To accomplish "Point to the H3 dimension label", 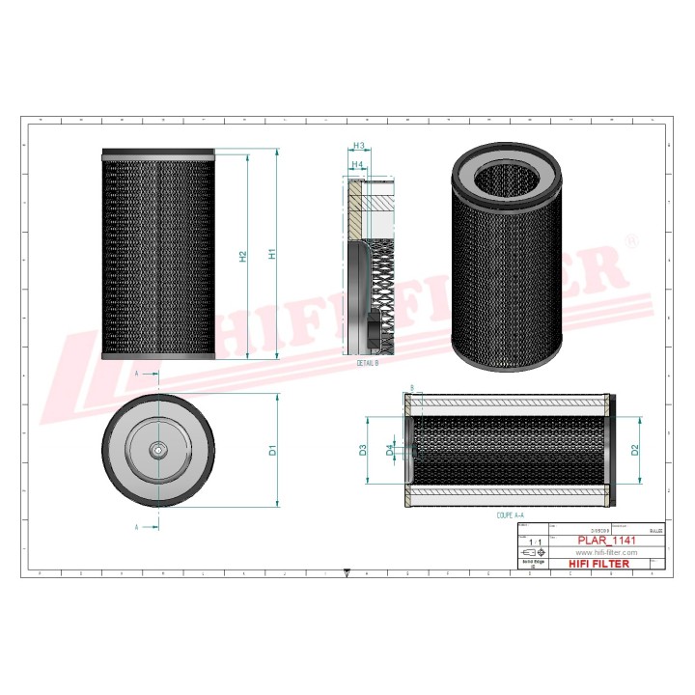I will click(357, 147).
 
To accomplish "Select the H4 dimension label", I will click(357, 165).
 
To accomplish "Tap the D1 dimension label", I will click(273, 450).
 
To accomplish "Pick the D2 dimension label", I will click(635, 449).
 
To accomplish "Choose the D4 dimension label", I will click(390, 450).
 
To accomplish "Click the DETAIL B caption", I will click(368, 362).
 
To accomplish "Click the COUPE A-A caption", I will click(510, 516).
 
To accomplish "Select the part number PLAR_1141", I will click(606, 541).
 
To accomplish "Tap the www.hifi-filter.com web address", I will click(607, 551).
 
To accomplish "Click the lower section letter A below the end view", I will click(137, 527).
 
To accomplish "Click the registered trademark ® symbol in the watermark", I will click(630, 239).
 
